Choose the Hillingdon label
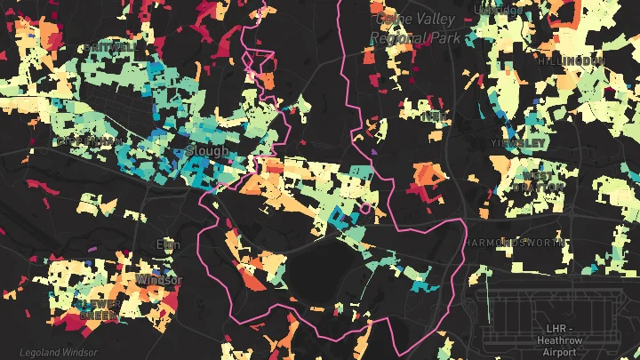click(572, 60)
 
